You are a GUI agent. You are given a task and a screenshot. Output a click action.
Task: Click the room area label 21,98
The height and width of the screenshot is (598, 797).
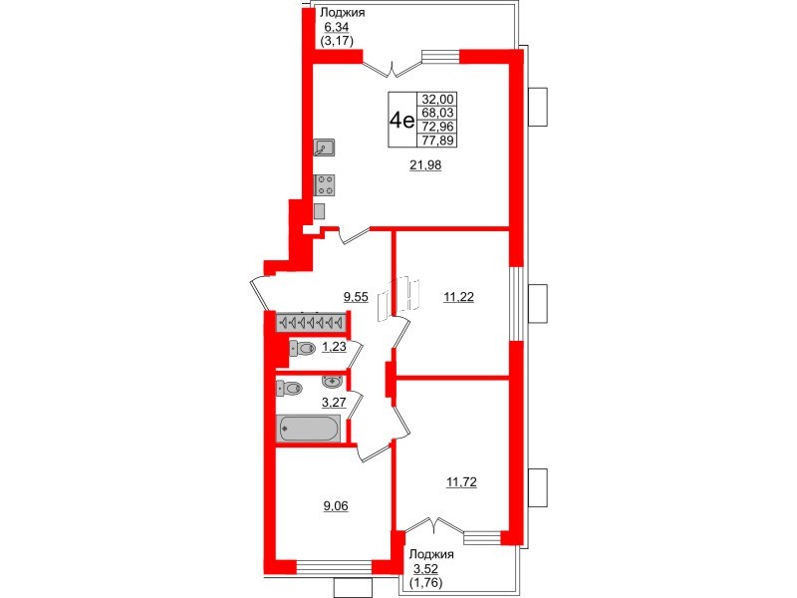click(x=425, y=165)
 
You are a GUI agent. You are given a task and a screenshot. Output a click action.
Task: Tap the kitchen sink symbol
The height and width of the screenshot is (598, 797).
click(x=325, y=149)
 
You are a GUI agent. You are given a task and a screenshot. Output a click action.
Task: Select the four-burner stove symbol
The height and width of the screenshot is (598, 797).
click(x=325, y=184)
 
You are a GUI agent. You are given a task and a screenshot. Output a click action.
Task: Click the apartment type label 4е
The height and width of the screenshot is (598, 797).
click(x=401, y=121)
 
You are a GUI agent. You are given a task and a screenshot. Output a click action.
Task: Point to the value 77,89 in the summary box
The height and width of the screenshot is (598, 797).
click(x=437, y=141)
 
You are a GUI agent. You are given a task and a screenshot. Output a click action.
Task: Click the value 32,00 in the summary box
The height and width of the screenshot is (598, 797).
click(x=437, y=99)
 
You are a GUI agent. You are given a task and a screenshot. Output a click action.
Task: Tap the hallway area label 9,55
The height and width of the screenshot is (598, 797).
click(x=356, y=296)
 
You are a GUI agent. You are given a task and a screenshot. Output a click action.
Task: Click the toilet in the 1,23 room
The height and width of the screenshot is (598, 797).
click(x=301, y=348)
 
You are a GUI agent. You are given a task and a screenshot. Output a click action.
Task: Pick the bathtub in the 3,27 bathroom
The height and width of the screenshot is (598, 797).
click(x=309, y=428)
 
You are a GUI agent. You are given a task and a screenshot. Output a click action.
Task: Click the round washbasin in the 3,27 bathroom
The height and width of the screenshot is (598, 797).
click(x=332, y=381)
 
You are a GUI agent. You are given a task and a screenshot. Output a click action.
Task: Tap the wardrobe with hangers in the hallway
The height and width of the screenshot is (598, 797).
click(x=309, y=323)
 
